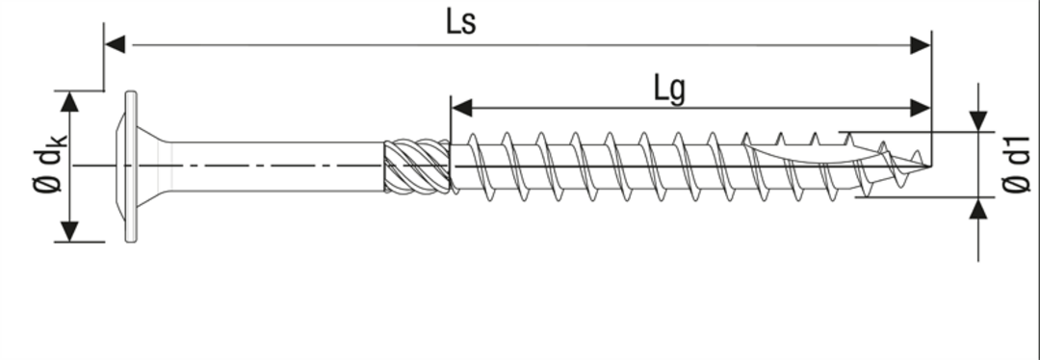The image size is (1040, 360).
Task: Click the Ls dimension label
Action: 461,22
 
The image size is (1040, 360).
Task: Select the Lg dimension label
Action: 669,90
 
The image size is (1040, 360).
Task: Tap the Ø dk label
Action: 50,166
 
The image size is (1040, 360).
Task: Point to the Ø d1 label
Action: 1017,166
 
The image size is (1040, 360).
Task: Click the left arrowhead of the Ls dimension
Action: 115,45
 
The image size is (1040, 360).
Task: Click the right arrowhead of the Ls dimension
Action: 921,45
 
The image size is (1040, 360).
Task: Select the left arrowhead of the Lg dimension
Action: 461,108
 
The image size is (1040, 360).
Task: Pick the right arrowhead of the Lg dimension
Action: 921,108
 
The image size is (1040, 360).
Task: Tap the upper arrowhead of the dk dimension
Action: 69,101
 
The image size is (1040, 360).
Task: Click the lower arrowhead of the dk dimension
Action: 69,231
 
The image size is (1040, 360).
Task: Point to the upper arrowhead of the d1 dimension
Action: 978,121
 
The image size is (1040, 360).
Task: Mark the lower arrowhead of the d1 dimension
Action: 978,208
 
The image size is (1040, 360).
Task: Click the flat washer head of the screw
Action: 131,167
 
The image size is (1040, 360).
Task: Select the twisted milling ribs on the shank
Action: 417,167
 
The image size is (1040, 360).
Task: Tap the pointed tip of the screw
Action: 928,166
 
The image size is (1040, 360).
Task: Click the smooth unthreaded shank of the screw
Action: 278,167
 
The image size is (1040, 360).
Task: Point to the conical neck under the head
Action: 154,167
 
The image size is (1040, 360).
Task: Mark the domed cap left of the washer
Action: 120,167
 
